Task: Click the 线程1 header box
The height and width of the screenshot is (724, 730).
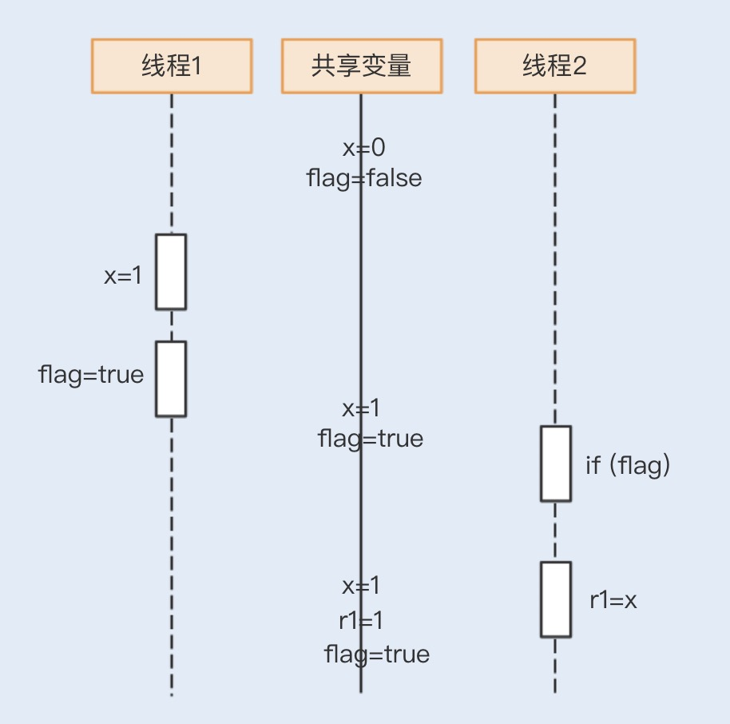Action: [172, 66]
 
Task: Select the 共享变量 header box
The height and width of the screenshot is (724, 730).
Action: [361, 66]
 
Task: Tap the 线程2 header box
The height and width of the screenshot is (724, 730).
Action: [555, 66]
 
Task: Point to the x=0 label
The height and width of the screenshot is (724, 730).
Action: [364, 148]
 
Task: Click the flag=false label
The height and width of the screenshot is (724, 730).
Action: [364, 177]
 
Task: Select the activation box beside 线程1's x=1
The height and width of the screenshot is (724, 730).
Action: [171, 272]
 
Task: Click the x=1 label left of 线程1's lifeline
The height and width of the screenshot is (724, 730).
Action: [123, 276]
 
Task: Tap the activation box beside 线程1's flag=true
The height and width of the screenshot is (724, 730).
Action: [171, 379]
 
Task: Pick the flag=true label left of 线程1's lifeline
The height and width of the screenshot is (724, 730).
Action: [91, 374]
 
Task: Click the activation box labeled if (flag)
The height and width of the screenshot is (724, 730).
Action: [555, 463]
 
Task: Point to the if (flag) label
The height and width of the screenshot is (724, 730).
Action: [628, 465]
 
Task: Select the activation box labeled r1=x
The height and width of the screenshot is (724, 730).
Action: [555, 599]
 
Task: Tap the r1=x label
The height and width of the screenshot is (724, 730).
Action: [613, 600]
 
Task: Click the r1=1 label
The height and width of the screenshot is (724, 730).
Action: [362, 620]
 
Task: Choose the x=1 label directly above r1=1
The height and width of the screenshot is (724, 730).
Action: [362, 586]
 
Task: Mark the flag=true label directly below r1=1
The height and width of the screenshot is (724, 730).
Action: [377, 654]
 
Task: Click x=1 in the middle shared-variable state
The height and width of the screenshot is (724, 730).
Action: [362, 408]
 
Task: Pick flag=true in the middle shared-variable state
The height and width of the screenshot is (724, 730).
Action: [371, 438]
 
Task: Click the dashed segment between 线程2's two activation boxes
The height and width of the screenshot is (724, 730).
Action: [555, 531]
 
